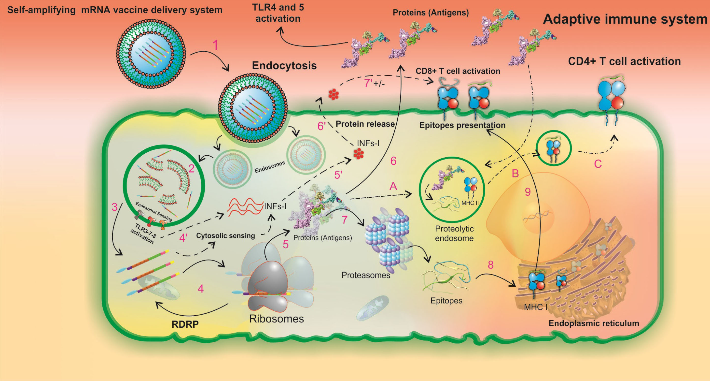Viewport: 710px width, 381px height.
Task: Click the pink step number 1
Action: coord(215,45)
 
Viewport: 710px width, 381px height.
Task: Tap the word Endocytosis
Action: coord(284,66)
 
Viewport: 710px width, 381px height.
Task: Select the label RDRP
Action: coord(185,324)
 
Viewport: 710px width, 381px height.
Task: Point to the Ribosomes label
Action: coord(277,319)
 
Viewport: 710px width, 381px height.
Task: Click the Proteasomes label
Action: coord(366,275)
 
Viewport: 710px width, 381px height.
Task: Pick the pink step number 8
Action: coord(491,265)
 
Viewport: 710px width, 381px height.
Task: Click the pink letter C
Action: coord(598,164)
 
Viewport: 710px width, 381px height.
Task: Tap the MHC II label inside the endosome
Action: coord(470,203)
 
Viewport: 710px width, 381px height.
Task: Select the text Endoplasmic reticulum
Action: coord(594,323)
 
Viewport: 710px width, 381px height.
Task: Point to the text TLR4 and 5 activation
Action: coord(278,13)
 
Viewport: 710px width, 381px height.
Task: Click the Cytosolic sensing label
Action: coord(225,236)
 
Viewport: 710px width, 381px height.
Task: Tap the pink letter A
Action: coord(393,186)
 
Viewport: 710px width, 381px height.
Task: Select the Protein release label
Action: coord(365,124)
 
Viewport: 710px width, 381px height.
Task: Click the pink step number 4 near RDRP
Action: coord(201,289)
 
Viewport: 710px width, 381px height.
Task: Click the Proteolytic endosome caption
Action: coord(454,234)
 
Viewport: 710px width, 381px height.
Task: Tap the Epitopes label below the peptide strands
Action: coord(446,300)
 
